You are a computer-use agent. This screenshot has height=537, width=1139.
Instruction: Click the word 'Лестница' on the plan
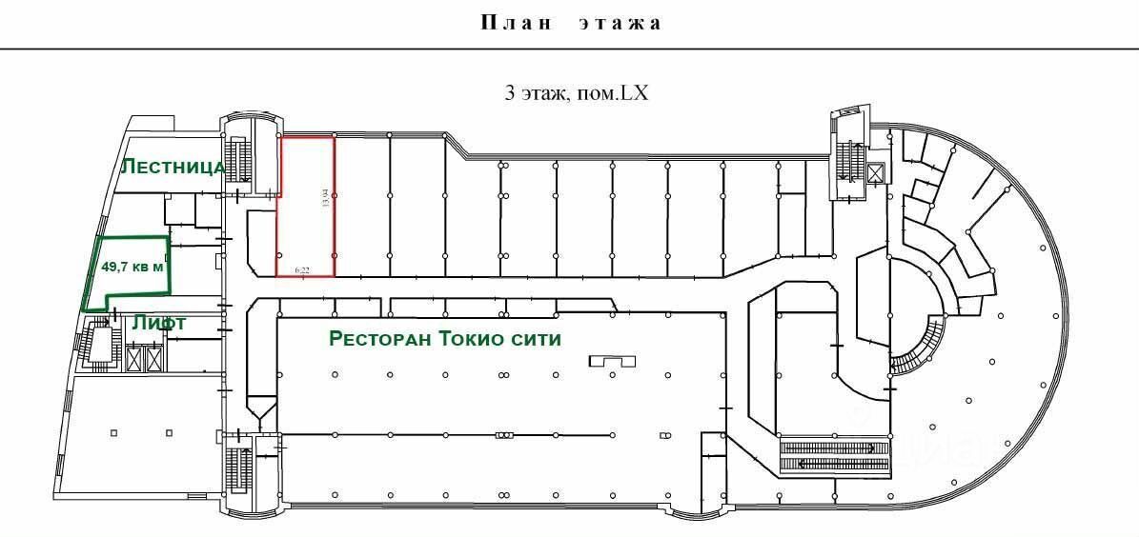[172, 167]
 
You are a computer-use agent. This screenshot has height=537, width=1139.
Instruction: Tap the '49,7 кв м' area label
[132, 268]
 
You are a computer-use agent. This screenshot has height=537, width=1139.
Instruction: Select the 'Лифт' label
[159, 323]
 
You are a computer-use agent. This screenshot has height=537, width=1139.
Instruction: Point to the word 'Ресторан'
[376, 339]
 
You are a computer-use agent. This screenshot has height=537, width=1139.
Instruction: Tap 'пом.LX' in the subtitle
[620, 93]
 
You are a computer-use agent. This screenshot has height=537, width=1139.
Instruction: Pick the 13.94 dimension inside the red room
[325, 198]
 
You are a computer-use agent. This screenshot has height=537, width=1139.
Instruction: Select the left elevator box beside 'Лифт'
[132, 358]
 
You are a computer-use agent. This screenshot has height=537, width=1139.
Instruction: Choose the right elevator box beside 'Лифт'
[153, 358]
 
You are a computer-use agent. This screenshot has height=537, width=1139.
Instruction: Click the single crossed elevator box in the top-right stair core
[875, 172]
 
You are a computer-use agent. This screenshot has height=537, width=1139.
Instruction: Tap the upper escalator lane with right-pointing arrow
[835, 447]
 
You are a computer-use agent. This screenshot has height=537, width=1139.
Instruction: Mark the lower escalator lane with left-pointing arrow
[835, 464]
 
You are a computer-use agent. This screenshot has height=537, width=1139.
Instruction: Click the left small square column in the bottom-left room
[113, 433]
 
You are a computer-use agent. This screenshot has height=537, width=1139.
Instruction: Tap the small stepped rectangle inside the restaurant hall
[612, 361]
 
